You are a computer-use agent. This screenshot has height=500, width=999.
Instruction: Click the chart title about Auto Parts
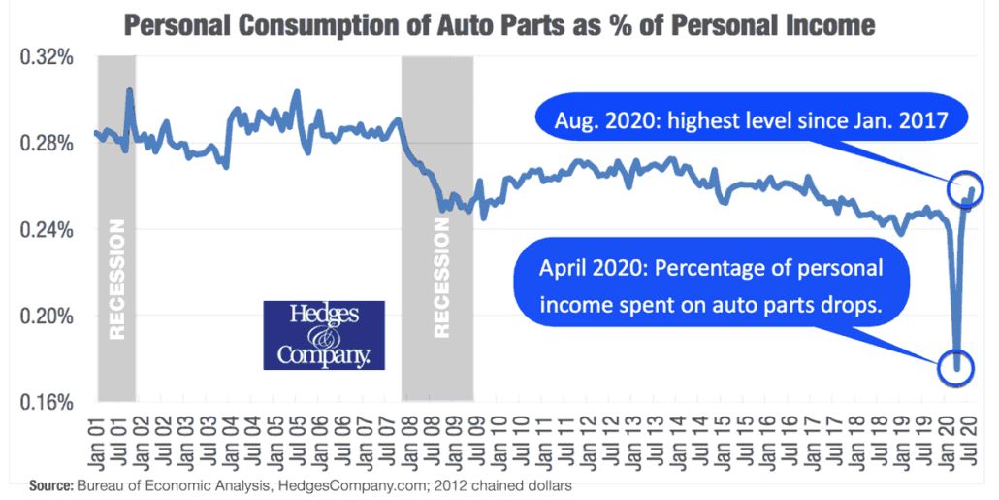tap(499, 23)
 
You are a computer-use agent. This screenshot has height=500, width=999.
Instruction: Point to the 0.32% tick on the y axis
tap(48, 58)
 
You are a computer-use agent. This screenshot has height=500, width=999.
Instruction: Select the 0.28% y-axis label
tap(48, 144)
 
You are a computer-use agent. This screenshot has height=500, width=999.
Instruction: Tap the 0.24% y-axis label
tap(48, 230)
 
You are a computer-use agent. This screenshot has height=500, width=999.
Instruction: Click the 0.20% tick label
tap(48, 316)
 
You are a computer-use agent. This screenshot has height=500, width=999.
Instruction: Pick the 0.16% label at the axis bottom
tap(48, 401)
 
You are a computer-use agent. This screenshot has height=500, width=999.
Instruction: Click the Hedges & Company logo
tap(324, 335)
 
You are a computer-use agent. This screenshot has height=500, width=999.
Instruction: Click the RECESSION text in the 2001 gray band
tap(117, 280)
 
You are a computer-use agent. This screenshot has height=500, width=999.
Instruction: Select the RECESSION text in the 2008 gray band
tap(441, 278)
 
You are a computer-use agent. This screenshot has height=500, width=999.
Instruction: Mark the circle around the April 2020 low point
tap(956, 368)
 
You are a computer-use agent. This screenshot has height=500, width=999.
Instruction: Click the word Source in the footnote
tap(50, 483)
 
